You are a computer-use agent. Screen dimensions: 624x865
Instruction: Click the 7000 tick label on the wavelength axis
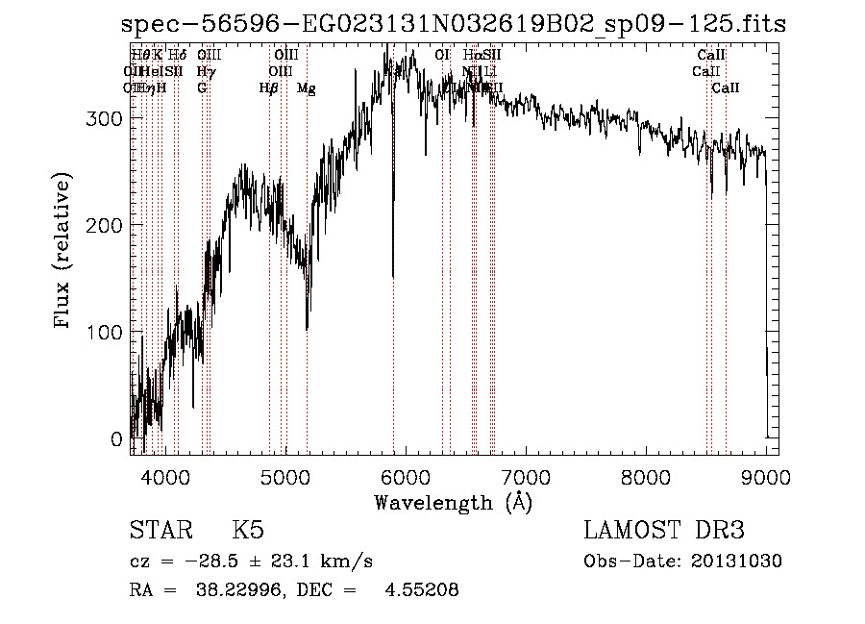pyautogui.click(x=526, y=476)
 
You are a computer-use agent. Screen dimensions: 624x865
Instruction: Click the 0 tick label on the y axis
pyautogui.click(x=117, y=439)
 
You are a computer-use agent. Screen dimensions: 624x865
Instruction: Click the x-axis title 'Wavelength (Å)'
pyautogui.click(x=453, y=502)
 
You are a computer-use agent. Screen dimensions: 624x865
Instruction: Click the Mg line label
pyautogui.click(x=306, y=88)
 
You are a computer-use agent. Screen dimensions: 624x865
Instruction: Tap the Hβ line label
pyautogui.click(x=269, y=88)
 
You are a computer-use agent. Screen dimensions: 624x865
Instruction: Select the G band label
pyautogui.click(x=202, y=88)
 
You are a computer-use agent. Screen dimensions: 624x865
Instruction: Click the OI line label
pyautogui.click(x=442, y=56)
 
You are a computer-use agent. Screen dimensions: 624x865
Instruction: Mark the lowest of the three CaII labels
pyautogui.click(x=726, y=88)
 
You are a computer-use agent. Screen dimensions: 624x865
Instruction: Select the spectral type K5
pyautogui.click(x=248, y=532)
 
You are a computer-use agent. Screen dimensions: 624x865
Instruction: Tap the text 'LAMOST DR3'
pyautogui.click(x=663, y=532)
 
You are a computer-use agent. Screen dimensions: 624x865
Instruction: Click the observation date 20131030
pyautogui.click(x=741, y=562)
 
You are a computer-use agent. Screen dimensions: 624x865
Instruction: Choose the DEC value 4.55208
pyautogui.click(x=423, y=590)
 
